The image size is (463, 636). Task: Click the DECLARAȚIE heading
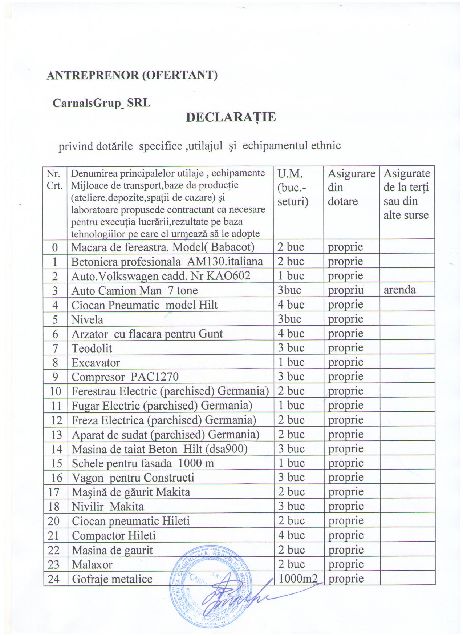coord(231,117)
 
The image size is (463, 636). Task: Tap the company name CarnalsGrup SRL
coord(101,103)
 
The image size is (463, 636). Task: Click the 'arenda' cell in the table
coord(400,290)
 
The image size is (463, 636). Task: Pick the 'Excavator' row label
coord(96,363)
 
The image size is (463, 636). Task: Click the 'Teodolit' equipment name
coord(92,348)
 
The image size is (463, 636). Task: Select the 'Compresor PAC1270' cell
coord(125,377)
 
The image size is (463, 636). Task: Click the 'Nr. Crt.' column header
coord(55,179)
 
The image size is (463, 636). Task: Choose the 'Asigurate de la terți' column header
coord(406,194)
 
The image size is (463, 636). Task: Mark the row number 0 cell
coord(55,247)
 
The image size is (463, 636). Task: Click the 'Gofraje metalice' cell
coord(112,579)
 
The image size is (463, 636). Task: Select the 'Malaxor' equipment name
coord(92,565)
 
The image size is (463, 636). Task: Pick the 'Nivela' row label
coord(88,320)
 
